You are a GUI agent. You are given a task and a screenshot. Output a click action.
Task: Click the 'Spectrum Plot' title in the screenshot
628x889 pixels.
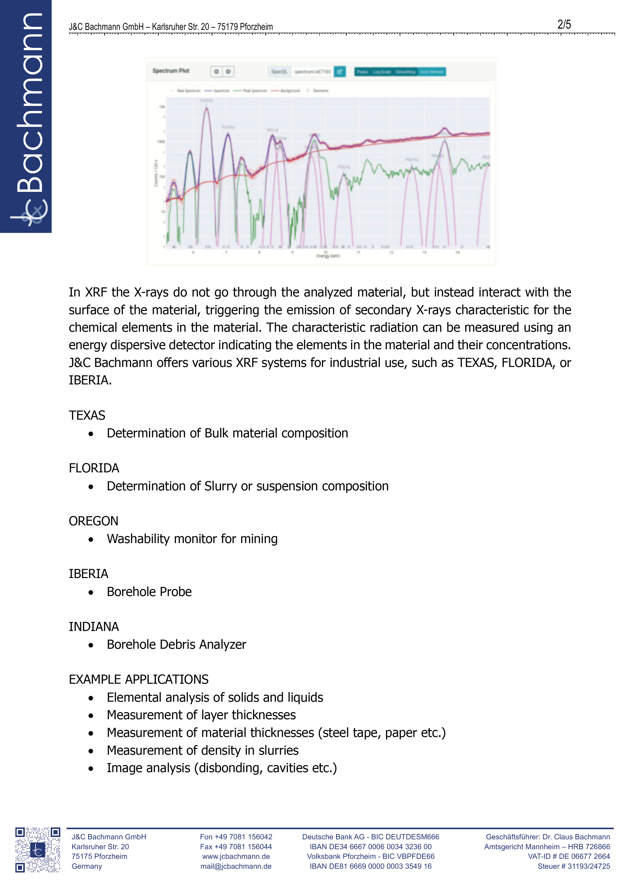tap(171, 71)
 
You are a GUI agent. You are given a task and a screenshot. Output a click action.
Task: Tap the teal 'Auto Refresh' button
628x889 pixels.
tap(432, 72)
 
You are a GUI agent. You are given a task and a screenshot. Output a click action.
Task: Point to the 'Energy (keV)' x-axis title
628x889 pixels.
tap(328, 256)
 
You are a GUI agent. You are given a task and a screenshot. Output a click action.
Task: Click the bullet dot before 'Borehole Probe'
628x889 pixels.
tap(91, 592)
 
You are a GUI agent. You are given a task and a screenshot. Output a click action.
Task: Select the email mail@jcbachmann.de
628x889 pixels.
tap(236, 866)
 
